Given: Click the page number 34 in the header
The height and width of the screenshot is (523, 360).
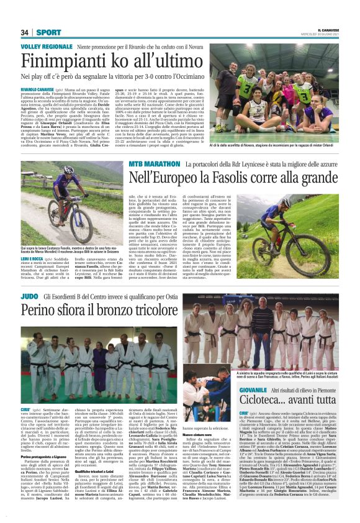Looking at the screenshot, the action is pos(25,32).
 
